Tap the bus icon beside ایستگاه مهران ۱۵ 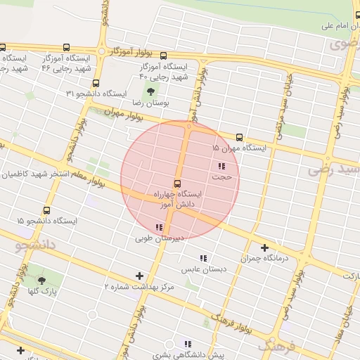pyautogui.click(x=240, y=137)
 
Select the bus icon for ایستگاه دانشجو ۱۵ pyautogui.click(x=47, y=210)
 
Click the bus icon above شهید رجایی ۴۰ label pyautogui.click(x=163, y=56)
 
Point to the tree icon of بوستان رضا pyautogui.click(x=151, y=91)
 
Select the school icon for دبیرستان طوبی pyautogui.click(x=159, y=227)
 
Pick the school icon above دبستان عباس pyautogui.click(x=203, y=259)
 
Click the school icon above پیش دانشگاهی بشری pyautogui.click(x=187, y=344)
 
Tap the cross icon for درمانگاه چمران pyautogui.click(x=265, y=247)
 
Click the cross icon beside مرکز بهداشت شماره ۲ pyautogui.click(x=139, y=276)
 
